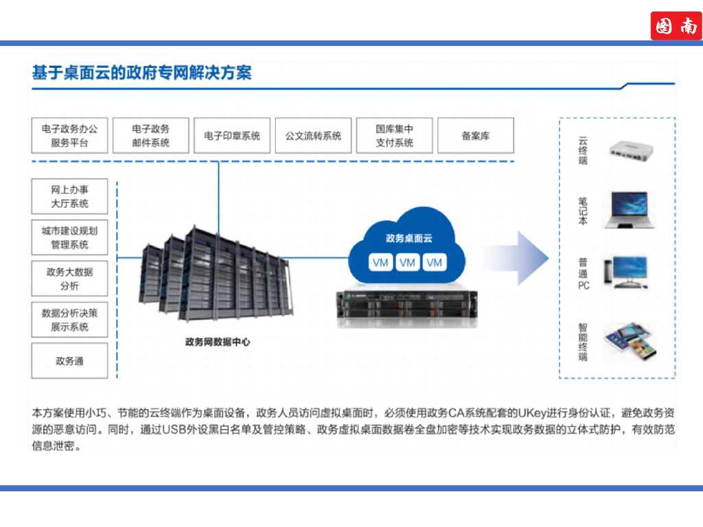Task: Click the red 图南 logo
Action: [676, 26]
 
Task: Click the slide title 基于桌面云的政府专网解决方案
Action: [141, 72]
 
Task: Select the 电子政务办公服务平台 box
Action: [69, 136]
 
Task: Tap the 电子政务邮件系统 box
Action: [150, 136]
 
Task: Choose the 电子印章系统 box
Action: [232, 136]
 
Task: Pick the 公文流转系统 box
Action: [313, 136]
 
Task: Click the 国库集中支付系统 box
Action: [394, 136]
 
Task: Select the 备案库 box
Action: [475, 136]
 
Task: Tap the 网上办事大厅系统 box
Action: [69, 196]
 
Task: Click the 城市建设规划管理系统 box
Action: [69, 237]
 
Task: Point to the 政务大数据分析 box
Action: [69, 279]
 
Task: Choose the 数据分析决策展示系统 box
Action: [69, 320]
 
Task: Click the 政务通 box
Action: [69, 361]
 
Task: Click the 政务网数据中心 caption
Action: [218, 341]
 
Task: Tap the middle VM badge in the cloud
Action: [408, 263]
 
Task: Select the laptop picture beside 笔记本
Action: [625, 209]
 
